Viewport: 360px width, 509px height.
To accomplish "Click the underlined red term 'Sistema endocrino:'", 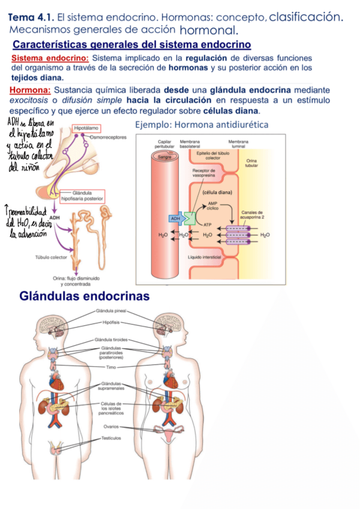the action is (x=50, y=58).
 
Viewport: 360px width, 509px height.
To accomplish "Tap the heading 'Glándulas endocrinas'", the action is (x=85, y=297).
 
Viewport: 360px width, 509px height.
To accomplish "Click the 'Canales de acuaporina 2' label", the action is (x=252, y=214).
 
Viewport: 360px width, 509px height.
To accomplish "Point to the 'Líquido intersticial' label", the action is (x=205, y=257).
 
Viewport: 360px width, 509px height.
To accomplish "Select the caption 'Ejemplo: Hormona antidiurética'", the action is (x=202, y=125).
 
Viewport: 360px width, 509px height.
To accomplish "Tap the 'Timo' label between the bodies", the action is (x=111, y=367).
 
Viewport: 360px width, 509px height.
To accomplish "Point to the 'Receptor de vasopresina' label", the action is (x=204, y=173).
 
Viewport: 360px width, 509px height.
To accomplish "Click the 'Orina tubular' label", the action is (x=251, y=163).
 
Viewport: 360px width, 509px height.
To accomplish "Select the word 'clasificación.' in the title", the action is (x=306, y=17).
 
